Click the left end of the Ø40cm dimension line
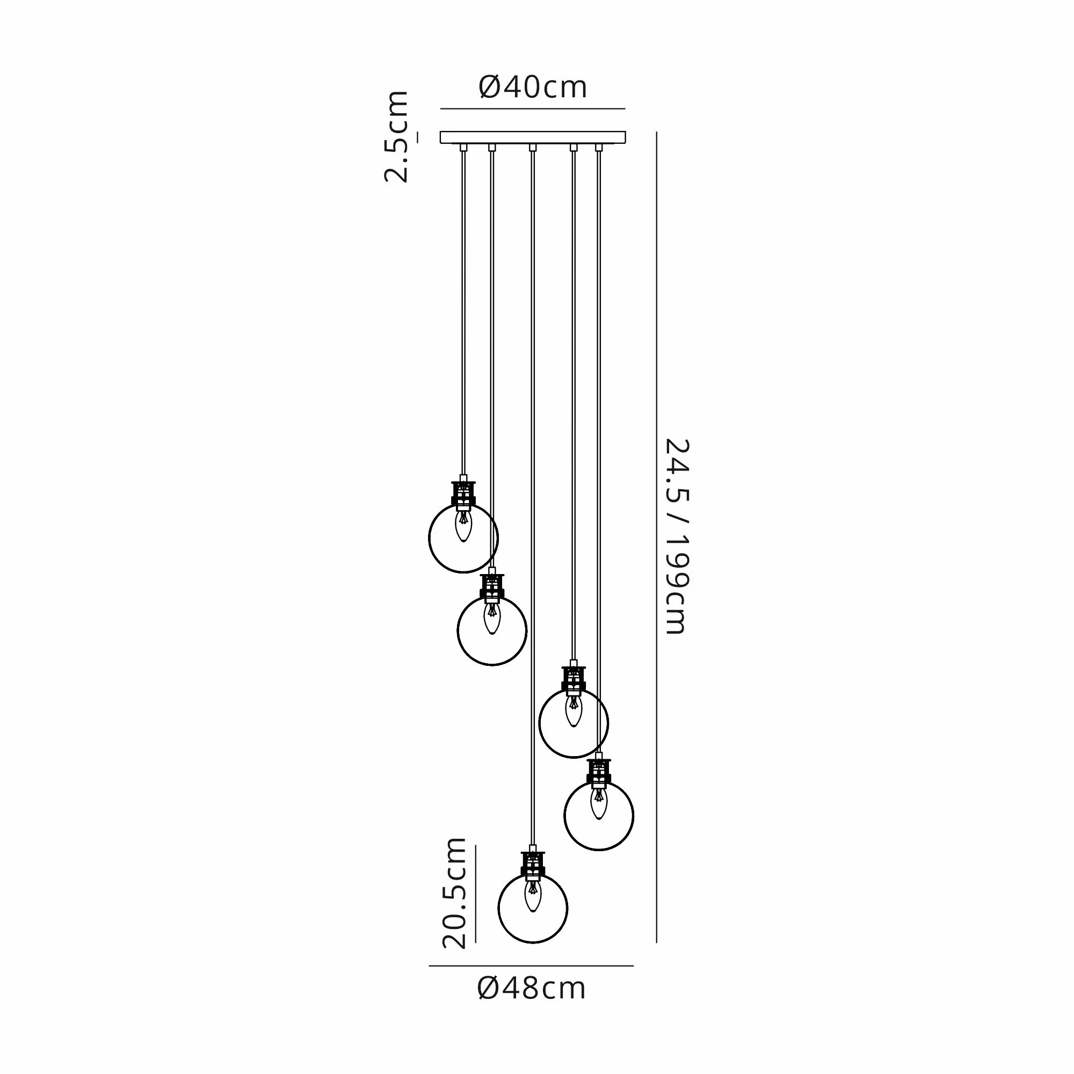coord(441,108)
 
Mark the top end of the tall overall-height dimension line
coord(657,132)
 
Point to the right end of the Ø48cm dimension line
coord(633,966)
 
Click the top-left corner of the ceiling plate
coord(440,132)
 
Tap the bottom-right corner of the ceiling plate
coord(626,143)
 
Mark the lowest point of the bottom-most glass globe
coord(533,943)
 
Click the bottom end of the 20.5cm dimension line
coord(476,943)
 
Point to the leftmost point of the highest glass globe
coord(429,538)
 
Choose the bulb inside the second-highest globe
coord(492,618)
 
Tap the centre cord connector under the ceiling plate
coord(533,147)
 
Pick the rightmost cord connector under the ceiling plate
coord(599,147)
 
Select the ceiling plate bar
coord(533,137)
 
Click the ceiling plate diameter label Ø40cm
coord(533,88)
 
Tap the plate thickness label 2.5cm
coord(397,136)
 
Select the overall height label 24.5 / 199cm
coord(677,536)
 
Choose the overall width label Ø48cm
coord(532,989)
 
